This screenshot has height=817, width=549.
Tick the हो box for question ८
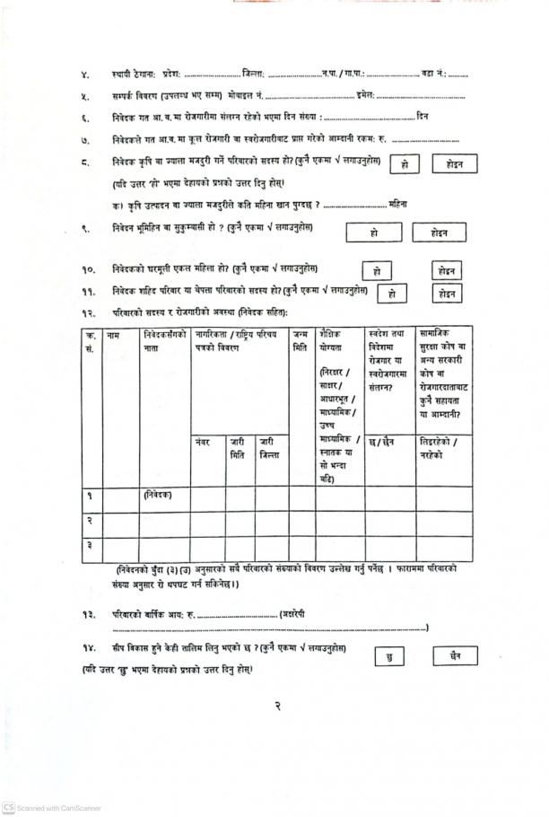pos(405,164)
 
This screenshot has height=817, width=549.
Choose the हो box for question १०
pos(377,270)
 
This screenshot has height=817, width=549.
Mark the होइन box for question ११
pos(447,294)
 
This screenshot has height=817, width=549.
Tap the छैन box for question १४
pos(455,656)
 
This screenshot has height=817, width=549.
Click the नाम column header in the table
pos(113,335)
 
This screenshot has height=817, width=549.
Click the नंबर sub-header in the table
pos(202,442)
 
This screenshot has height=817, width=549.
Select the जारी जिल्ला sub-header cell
pos(267,448)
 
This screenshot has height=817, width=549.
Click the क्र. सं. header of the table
pos(90,341)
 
